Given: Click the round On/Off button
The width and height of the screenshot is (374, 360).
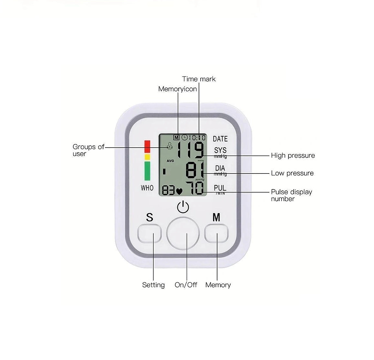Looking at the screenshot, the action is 183,233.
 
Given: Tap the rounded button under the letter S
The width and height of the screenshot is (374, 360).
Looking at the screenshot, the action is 149,233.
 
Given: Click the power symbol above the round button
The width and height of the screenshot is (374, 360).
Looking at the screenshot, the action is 183,207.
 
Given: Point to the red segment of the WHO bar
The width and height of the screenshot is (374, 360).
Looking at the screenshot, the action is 147,147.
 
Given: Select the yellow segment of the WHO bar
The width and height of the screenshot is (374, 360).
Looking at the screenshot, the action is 147,157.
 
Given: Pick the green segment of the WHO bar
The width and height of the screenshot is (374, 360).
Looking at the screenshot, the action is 147,171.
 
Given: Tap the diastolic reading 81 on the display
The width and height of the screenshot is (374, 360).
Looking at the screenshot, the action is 195,170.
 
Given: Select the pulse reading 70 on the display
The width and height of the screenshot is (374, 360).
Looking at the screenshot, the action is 195,188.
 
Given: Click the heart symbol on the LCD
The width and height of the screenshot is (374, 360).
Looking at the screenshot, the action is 179,191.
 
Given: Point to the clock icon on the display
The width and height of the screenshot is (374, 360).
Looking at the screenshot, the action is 184,138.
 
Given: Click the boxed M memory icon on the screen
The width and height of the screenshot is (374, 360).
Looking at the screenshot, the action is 176,138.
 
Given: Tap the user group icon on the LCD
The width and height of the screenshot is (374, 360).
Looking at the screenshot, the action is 169,146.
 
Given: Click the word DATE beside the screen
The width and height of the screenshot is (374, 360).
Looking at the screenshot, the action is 220,139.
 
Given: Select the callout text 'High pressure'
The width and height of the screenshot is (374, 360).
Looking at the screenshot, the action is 293,156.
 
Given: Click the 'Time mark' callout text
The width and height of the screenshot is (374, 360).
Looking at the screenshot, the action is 199,79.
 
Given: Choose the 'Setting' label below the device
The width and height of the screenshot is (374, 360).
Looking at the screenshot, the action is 153,285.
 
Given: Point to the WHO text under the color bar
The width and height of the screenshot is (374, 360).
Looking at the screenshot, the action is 147,188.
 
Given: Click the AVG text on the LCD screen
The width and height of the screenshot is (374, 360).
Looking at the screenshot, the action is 170,161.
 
